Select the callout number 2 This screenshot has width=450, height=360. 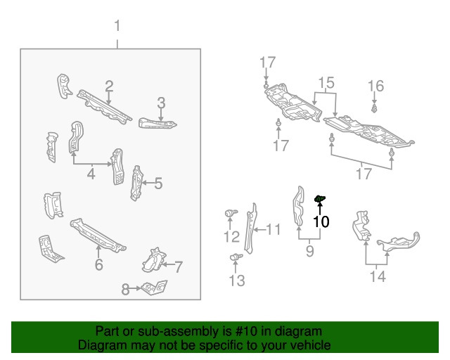tap(109, 86)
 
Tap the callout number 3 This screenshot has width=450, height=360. tap(161, 103)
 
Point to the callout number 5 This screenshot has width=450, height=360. tap(158, 184)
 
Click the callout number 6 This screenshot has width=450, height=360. tap(98, 264)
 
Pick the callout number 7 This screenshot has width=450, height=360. tap(179, 266)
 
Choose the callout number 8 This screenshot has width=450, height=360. tap(126, 288)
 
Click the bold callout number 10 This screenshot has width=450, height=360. tap(321, 221)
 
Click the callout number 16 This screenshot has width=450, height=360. tap(376, 86)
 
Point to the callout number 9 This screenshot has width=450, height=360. tap(309, 250)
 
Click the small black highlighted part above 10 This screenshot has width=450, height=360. tap(319, 200)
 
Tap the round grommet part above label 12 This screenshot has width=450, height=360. tap(230, 213)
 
